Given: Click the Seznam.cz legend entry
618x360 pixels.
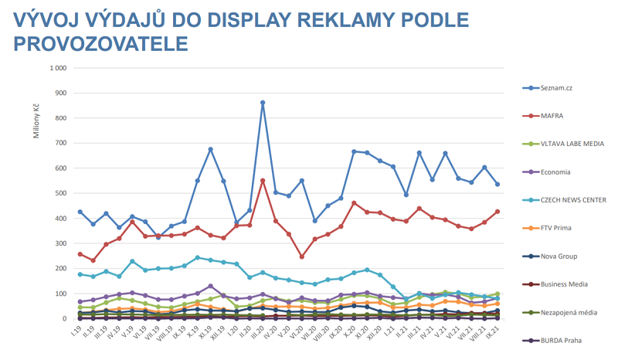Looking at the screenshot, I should tap(560, 87).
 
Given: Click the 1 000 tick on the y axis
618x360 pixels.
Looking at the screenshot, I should tap(57, 68).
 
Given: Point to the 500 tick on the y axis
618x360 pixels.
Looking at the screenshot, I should tap(60, 193).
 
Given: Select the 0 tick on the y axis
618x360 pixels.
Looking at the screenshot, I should tap(64, 318).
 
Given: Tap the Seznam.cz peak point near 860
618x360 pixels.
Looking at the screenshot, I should tap(263, 102).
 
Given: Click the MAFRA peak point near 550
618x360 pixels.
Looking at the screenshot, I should tap(263, 181).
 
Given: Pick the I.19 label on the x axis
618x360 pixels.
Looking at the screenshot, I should tap(78, 332).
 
